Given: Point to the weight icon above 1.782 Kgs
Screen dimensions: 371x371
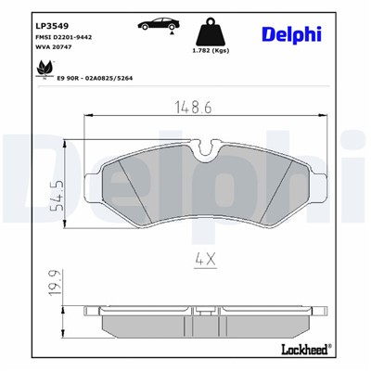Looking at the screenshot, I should (x=210, y=27).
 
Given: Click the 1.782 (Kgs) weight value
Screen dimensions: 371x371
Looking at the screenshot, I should (x=211, y=51).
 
